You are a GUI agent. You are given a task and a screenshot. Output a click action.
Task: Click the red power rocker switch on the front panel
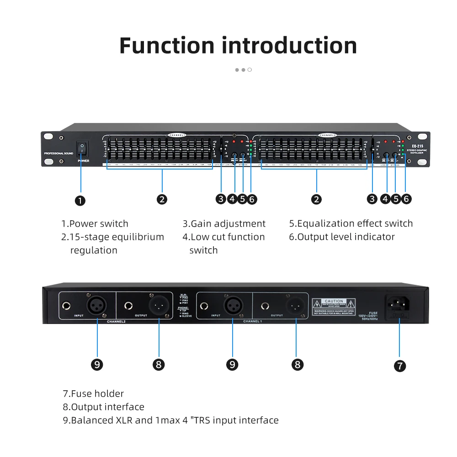tap(81, 148)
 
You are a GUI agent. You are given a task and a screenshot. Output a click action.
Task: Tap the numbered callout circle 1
tap(80, 200)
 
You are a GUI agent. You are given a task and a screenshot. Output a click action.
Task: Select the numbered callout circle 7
tap(399, 366)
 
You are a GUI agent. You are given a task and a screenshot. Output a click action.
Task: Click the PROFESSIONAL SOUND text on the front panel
tap(58, 154)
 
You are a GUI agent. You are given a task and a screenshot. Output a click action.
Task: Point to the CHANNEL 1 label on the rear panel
tap(252, 322)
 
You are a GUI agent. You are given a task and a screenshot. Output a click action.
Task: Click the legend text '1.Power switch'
tap(95, 223)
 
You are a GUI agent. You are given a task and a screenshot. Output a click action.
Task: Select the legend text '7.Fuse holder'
tap(93, 393)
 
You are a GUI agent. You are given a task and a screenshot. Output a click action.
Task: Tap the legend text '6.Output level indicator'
tap(341, 237)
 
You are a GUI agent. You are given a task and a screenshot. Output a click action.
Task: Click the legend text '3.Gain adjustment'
tap(224, 223)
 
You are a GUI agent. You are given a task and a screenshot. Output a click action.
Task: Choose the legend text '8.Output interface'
tap(103, 407)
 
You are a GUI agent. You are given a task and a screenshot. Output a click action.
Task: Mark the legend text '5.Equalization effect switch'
tap(351, 223)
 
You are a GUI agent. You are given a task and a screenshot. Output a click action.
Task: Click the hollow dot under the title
tap(250, 70)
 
